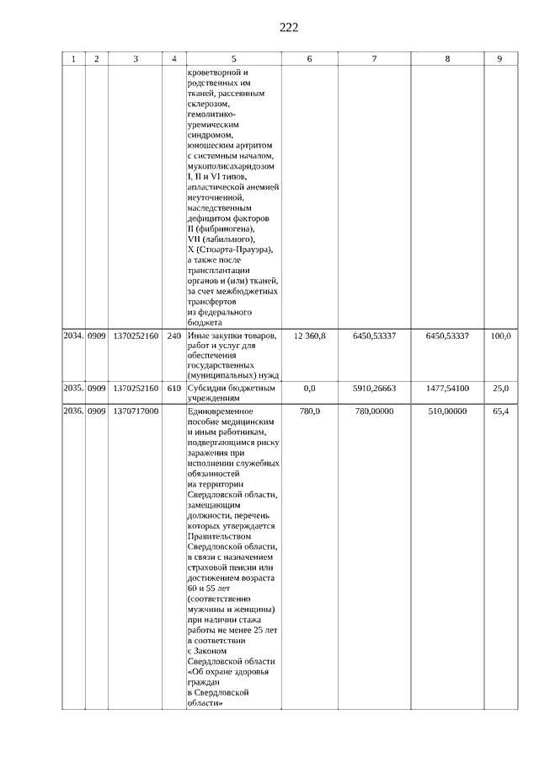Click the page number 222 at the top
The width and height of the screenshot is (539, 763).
(289, 27)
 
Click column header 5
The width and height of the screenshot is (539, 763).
(233, 59)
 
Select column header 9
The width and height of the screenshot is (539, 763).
(500, 59)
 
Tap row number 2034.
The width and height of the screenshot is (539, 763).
(73, 336)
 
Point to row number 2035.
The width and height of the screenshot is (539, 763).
(73, 388)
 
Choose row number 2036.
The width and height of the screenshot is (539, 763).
(73, 411)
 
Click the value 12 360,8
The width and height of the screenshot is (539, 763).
(310, 336)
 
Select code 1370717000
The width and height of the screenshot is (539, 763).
(136, 411)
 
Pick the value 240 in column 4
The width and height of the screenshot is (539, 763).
(174, 336)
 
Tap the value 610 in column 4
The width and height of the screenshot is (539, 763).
(174, 388)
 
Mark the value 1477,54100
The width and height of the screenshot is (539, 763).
(447, 388)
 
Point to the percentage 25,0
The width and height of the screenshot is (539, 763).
(500, 388)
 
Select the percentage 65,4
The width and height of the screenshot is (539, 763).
(500, 411)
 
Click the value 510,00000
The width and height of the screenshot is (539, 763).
(447, 411)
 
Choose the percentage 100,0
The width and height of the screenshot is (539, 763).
(500, 336)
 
